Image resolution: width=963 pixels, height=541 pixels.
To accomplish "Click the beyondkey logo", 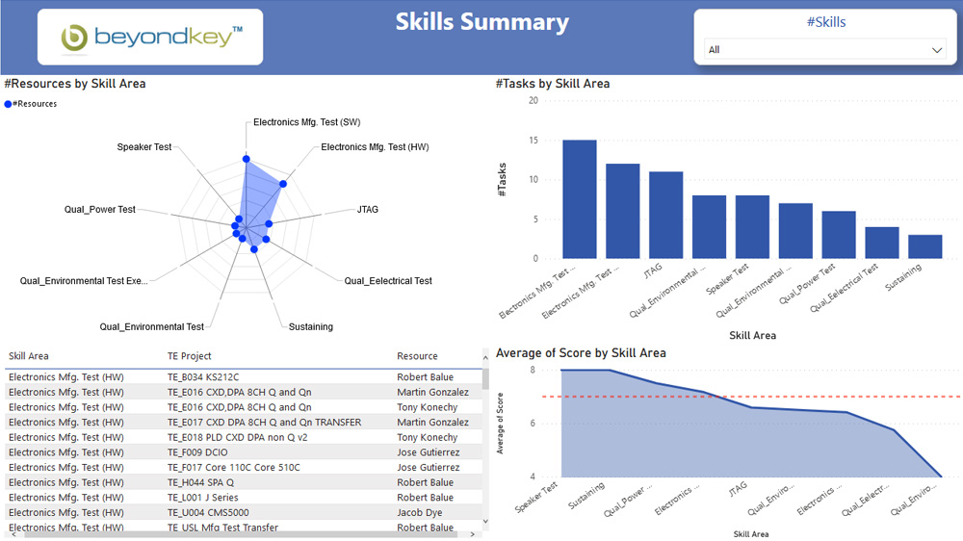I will pos(150,38).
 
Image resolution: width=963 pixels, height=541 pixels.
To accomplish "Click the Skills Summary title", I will pos(481,22).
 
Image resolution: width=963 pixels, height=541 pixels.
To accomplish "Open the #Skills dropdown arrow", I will pos(936,50).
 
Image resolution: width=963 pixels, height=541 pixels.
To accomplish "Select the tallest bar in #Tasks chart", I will pos(579,199).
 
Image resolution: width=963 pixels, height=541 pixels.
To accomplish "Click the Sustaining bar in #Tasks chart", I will pos(924,246).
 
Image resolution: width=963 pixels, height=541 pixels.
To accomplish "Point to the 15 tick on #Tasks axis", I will pos(533,141).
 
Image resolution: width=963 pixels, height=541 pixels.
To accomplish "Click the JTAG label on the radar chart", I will pos(367,209).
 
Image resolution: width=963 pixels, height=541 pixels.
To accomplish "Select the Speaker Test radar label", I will pos(144,147).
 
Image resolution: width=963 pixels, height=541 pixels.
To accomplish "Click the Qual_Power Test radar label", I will pos(100,209).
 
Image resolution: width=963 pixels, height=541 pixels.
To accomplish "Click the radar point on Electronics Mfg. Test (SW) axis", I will pos(246,159).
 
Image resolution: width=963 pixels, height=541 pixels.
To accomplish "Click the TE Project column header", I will pos(189,356).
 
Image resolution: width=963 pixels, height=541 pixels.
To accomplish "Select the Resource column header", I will pos(417,356).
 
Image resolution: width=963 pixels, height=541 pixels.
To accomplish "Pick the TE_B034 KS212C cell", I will pos(203,377).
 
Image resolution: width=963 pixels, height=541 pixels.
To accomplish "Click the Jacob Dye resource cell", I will pos(420,513).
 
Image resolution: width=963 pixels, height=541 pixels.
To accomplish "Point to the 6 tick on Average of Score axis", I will pos(533,424).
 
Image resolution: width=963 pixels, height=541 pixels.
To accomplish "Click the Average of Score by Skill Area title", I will pos(581,353).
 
